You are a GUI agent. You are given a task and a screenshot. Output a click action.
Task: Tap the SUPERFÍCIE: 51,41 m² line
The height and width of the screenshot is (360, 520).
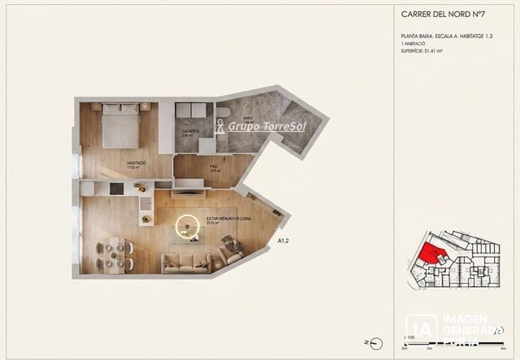(427, 51)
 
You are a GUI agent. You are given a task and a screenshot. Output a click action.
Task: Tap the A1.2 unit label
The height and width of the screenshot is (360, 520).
(284, 241)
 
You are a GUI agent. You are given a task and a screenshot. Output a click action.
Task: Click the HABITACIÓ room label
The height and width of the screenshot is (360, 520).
(136, 163)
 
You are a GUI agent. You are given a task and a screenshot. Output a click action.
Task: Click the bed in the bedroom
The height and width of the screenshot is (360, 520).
(121, 127)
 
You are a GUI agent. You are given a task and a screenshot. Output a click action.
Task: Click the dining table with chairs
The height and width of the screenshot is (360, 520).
(114, 254)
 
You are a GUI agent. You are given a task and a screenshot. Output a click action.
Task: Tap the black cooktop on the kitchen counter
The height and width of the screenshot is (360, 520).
(117, 189)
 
